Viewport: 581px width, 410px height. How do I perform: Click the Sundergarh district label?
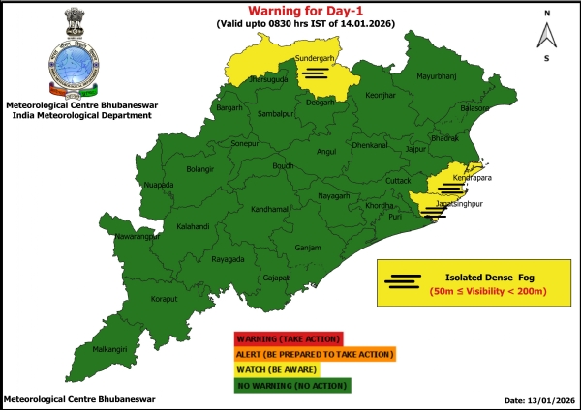coord(313,59)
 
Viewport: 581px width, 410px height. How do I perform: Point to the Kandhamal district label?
coord(242,209)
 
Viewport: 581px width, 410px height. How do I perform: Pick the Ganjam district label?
coord(308,248)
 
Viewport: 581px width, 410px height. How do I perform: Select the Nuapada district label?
coord(157,183)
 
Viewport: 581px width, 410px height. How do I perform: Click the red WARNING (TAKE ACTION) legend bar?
coord(287,338)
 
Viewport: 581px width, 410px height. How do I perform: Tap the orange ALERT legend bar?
coord(314,354)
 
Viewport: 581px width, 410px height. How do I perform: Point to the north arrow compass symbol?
coord(547,36)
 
